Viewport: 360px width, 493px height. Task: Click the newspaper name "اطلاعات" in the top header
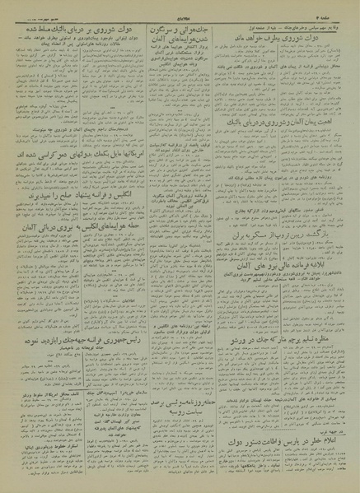(180, 11)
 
